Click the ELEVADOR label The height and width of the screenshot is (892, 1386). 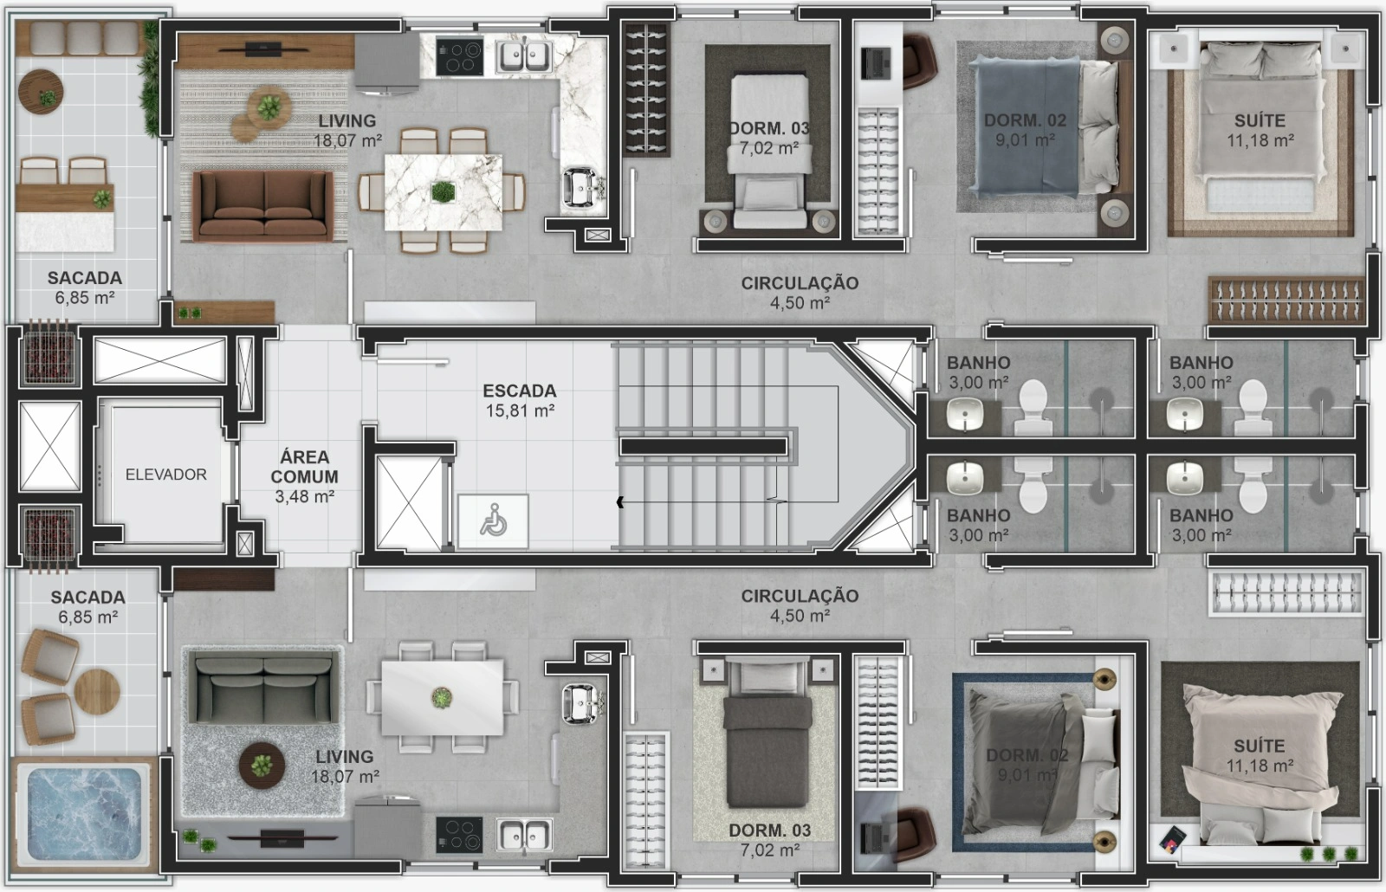click(x=165, y=475)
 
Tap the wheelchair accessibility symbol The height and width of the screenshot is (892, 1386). click(x=493, y=520)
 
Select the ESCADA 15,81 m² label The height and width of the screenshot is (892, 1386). click(x=519, y=400)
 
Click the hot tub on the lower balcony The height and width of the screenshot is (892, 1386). click(x=83, y=814)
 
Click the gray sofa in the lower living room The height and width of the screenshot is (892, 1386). click(x=264, y=689)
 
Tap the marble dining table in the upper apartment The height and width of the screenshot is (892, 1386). click(x=443, y=191)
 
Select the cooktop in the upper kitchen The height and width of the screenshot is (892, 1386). click(x=459, y=57)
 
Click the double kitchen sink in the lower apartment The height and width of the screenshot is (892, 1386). click(x=525, y=835)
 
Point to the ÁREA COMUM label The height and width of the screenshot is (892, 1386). click(x=304, y=476)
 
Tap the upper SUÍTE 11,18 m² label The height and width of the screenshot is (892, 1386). click(x=1260, y=130)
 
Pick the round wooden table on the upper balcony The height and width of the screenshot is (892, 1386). click(x=41, y=92)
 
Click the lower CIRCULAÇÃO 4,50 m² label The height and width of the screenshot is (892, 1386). click(x=800, y=605)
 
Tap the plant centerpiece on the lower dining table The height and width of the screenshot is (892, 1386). click(x=441, y=698)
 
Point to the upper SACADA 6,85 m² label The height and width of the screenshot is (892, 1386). click(x=85, y=288)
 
